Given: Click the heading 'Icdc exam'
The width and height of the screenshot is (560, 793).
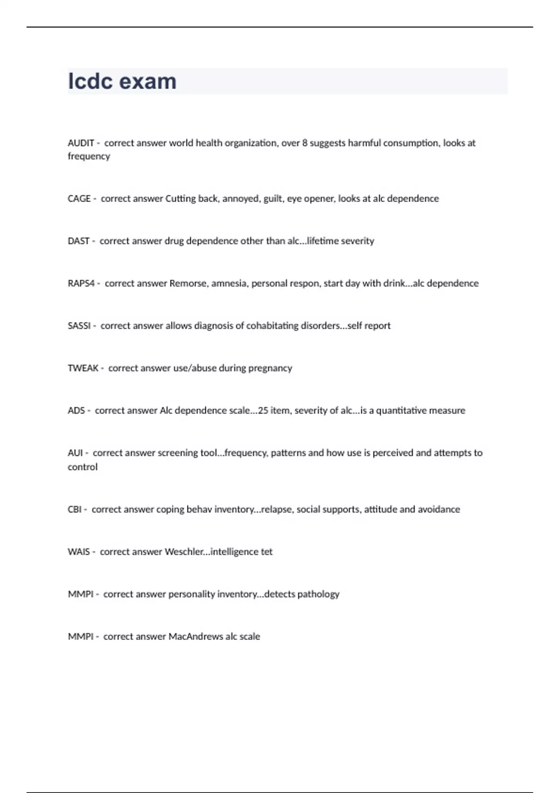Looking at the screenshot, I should (x=122, y=81).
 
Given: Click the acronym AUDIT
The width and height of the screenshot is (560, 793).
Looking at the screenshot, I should (x=81, y=143).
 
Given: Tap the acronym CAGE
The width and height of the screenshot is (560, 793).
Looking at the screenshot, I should (x=79, y=199).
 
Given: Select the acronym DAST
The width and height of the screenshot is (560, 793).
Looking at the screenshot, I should (x=78, y=241).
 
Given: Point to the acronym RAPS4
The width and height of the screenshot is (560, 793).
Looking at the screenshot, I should (x=81, y=284).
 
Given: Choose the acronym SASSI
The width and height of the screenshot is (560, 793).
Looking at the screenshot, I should (x=79, y=326).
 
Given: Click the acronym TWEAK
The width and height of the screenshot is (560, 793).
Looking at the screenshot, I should (x=83, y=369).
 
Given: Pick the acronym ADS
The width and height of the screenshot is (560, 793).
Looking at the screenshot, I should (x=76, y=411).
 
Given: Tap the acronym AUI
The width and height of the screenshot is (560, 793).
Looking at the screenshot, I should (x=75, y=453).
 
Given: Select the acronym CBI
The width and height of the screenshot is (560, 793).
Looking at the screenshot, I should (x=75, y=509).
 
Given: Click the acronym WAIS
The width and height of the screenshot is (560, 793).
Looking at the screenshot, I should (x=78, y=552).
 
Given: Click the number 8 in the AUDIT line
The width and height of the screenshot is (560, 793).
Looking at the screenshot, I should (x=305, y=143).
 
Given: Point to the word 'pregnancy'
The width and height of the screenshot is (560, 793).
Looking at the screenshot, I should (x=270, y=369).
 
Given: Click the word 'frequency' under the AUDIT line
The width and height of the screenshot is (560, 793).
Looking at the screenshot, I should (x=89, y=157).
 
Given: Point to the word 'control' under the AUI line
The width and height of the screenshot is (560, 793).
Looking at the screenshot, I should (x=83, y=467).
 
